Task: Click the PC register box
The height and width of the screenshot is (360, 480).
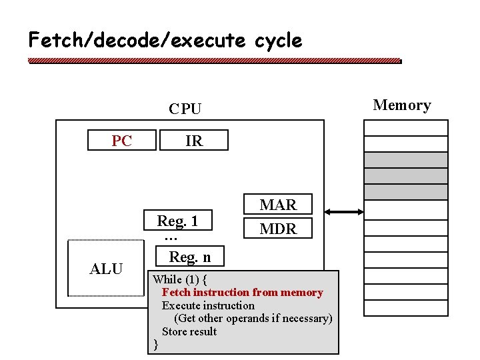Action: tap(122, 141)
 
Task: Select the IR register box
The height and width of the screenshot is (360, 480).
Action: tap(194, 141)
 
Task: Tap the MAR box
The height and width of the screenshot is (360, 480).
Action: tap(278, 205)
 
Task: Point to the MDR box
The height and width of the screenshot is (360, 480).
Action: tap(278, 229)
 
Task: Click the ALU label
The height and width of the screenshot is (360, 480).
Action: tap(106, 269)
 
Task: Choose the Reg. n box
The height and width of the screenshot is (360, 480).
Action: tap(189, 257)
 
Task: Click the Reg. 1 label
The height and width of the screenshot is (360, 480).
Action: tap(177, 221)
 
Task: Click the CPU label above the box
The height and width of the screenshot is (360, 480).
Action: tap(185, 109)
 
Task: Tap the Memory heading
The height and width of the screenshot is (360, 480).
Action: tap(401, 105)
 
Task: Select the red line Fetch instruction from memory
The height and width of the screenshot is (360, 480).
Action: tap(242, 292)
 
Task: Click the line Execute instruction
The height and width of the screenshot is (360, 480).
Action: tap(208, 305)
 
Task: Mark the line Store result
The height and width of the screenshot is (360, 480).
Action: tap(189, 331)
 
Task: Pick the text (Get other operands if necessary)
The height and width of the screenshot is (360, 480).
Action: tap(253, 318)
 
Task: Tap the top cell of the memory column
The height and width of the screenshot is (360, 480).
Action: tap(405, 127)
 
